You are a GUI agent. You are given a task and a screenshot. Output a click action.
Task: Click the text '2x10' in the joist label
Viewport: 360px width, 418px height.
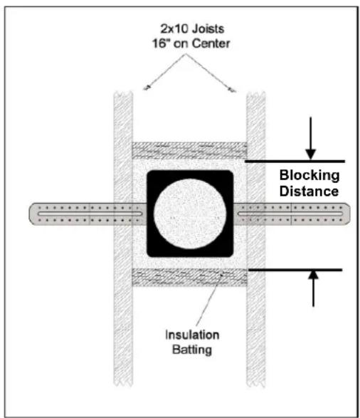click(175, 28)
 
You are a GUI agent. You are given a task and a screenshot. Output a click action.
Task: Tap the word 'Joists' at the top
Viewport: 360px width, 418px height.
click(208, 28)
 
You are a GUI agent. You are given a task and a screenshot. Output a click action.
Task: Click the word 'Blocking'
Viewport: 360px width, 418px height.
click(309, 176)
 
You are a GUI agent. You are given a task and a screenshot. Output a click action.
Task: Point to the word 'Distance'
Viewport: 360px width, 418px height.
click(309, 191)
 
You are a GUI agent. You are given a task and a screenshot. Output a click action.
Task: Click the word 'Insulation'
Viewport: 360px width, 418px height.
click(192, 335)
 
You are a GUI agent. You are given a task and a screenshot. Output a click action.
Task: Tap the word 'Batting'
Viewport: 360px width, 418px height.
click(191, 350)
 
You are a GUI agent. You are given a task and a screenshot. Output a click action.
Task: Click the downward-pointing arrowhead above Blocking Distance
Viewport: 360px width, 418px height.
click(310, 155)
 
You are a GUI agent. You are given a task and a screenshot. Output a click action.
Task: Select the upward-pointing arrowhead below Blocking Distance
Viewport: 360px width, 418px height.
click(314, 275)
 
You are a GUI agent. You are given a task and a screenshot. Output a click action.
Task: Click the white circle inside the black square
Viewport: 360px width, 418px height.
click(190, 214)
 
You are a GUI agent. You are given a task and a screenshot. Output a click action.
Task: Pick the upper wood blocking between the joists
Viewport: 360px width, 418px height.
click(189, 150)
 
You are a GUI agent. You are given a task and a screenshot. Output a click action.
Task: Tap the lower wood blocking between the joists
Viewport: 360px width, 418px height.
click(189, 277)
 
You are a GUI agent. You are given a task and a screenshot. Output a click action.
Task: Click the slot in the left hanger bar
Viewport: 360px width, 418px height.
click(90, 214)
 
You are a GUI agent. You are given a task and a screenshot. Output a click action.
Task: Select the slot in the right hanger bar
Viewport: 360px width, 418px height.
click(290, 214)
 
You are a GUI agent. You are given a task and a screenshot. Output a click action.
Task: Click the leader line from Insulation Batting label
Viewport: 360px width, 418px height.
click(209, 298)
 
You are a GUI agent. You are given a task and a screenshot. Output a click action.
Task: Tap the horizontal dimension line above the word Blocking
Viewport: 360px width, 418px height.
click(295, 161)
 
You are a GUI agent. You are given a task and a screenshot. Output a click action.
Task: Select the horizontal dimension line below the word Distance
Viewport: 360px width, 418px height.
click(295, 270)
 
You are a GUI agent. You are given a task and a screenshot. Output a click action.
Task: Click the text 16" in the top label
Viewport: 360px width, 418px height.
click(161, 43)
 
